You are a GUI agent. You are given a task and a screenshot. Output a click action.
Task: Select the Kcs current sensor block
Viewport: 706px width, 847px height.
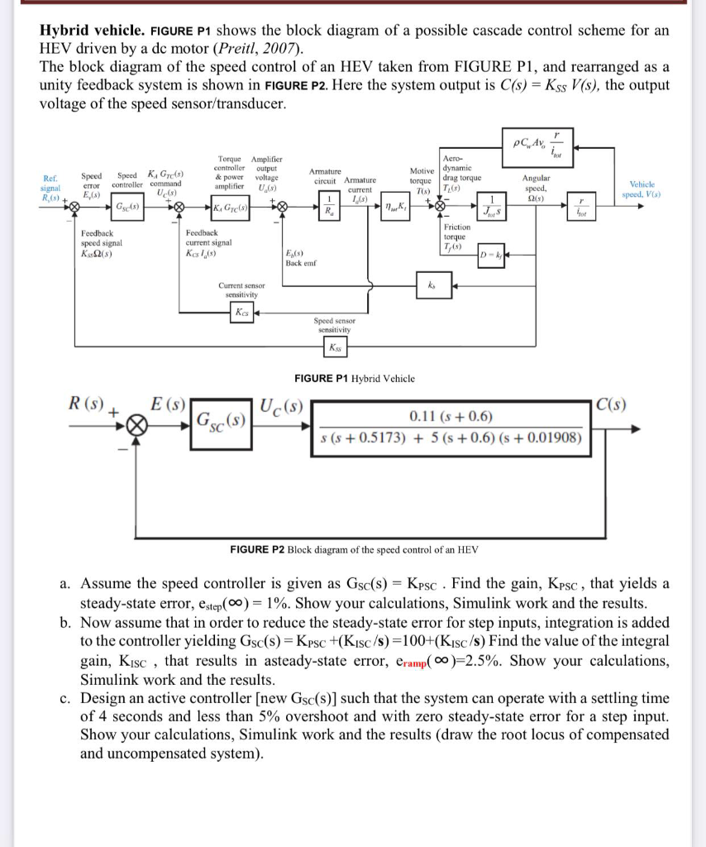pyautogui.click(x=241, y=313)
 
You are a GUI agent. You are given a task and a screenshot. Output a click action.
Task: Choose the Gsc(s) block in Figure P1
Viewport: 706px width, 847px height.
pyautogui.click(x=127, y=205)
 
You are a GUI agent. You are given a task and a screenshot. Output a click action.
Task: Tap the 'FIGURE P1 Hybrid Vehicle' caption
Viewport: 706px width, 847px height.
pyautogui.click(x=355, y=378)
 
